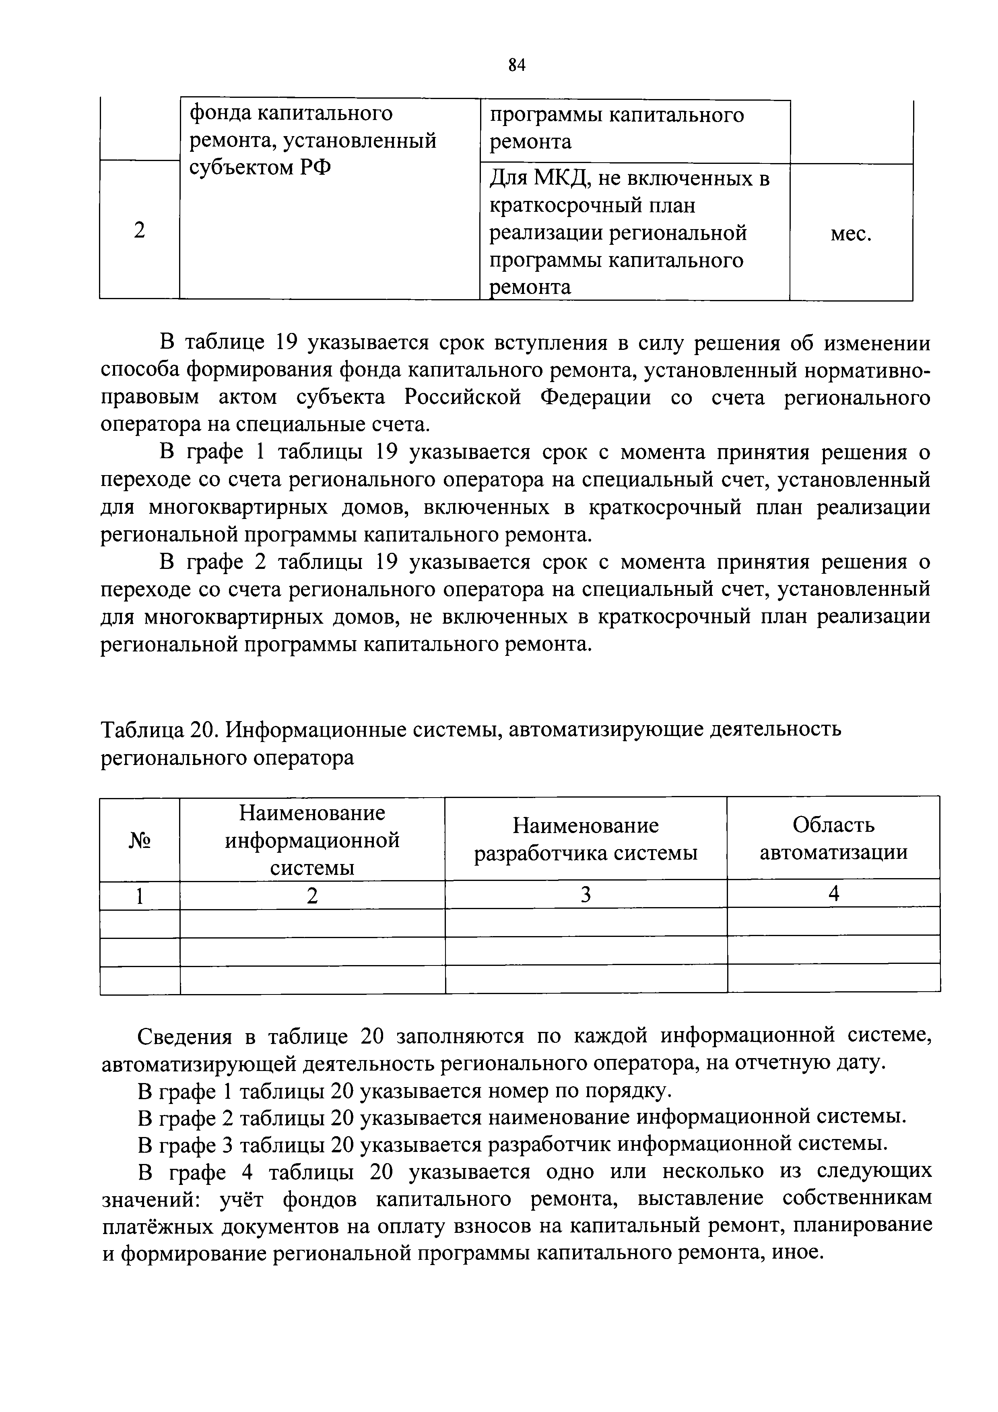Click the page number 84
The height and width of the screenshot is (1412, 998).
(517, 64)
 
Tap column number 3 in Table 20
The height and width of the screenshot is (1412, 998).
(586, 895)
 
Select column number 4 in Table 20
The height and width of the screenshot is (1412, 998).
(833, 893)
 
